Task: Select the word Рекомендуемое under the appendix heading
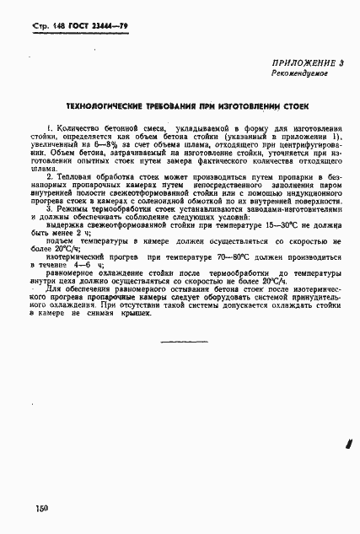point(299,74)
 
